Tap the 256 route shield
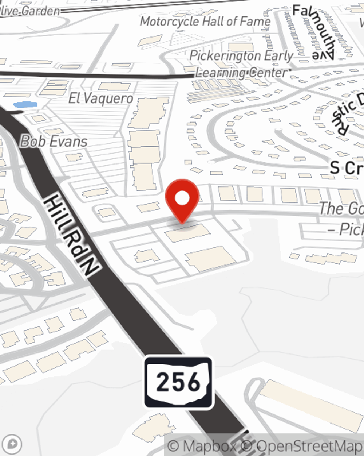[x=178, y=382]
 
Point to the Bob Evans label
[x=54, y=142]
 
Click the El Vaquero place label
[x=101, y=98]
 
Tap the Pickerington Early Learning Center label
[x=241, y=64]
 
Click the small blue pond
[x=25, y=105]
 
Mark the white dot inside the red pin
[x=182, y=198]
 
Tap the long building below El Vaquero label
[x=147, y=142]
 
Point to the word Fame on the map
[x=255, y=22]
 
